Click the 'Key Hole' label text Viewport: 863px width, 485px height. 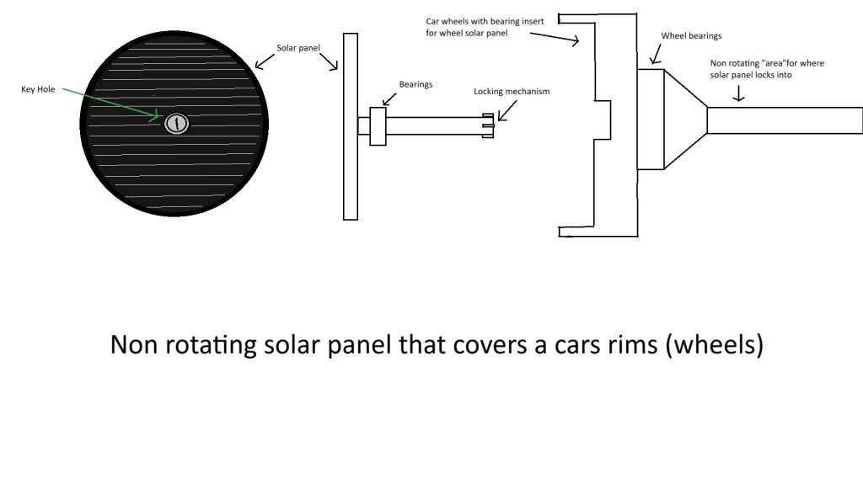[x=38, y=88]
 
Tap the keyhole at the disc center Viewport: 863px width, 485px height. [x=175, y=124]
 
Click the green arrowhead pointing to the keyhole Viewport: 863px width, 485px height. [x=158, y=116]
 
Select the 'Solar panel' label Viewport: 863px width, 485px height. [x=298, y=48]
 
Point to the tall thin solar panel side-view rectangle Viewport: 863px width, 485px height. [x=351, y=126]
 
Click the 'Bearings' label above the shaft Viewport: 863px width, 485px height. [x=415, y=85]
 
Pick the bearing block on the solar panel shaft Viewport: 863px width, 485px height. [x=378, y=126]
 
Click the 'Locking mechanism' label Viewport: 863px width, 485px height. [x=511, y=91]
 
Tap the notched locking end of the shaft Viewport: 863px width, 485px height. [x=487, y=125]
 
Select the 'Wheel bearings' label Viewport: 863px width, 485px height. [x=692, y=36]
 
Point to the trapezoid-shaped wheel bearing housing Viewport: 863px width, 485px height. [x=683, y=120]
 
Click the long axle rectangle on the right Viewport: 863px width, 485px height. [x=784, y=120]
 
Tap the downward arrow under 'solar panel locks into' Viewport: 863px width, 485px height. [x=738, y=95]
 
